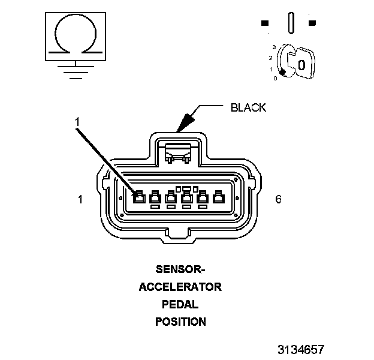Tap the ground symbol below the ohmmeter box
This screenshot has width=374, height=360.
tap(74, 71)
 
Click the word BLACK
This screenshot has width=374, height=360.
tap(248, 108)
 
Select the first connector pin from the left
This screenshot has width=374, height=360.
tap(138, 197)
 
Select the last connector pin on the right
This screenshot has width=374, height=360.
tap(219, 197)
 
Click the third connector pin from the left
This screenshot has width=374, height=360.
tap(171, 197)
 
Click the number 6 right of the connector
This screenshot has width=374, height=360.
tap(278, 199)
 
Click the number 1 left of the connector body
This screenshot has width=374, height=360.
tap(80, 199)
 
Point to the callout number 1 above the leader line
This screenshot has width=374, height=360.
tap(77, 122)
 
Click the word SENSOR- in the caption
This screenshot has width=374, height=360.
tap(180, 269)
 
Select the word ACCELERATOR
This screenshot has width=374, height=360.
tap(180, 287)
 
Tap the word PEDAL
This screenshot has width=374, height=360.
tap(180, 304)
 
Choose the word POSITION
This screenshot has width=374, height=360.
tap(180, 322)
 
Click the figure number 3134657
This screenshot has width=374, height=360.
tap(301, 349)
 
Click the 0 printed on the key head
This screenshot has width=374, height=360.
tap(301, 64)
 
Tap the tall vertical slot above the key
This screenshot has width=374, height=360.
tap(291, 23)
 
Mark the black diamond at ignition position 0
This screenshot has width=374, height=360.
tap(282, 73)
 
